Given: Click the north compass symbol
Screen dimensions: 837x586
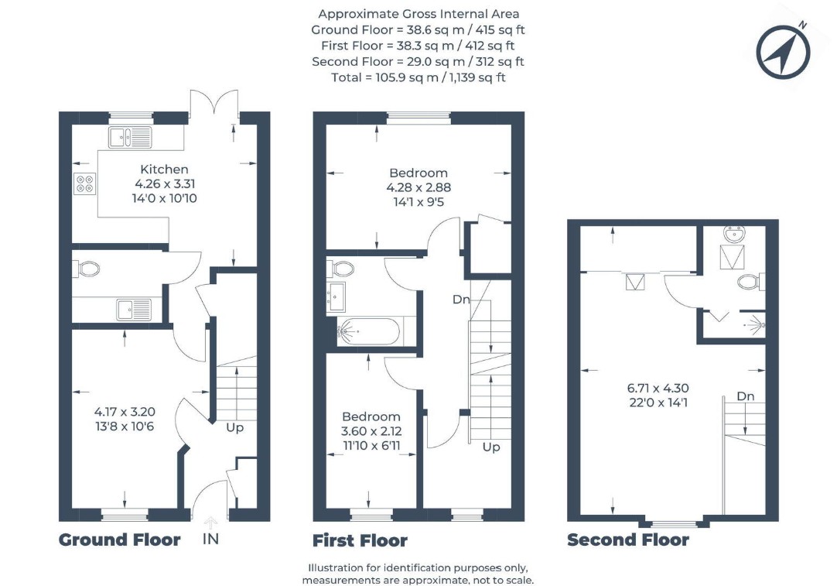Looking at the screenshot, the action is (x=783, y=51).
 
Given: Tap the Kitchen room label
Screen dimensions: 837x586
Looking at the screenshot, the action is (x=165, y=170).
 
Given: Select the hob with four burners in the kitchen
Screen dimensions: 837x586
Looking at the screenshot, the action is (x=85, y=183).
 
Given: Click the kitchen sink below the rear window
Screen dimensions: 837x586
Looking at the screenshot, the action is (x=130, y=137).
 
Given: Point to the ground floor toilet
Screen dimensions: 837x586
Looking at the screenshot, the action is (x=86, y=269).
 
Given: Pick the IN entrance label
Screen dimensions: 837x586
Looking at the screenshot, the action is (x=211, y=539).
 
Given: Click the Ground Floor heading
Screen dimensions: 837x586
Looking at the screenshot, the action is (x=120, y=540).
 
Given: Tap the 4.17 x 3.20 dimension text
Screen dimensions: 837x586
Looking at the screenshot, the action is (x=125, y=412).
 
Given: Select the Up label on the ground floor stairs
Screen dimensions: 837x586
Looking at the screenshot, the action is (x=235, y=428).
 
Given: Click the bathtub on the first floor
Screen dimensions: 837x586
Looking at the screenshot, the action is (x=367, y=332).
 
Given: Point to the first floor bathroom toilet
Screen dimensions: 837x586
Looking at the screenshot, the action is (x=340, y=268).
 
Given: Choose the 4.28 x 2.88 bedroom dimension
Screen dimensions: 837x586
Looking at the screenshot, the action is (x=418, y=187).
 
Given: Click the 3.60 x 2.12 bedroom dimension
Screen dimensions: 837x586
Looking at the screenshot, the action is (x=371, y=431).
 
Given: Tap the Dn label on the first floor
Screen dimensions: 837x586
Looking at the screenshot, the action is (x=461, y=300).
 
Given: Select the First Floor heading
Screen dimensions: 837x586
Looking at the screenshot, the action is (x=360, y=540).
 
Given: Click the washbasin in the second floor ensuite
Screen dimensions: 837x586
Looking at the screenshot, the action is (x=734, y=234).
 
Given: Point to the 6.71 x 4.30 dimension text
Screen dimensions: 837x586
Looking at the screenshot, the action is (x=658, y=389).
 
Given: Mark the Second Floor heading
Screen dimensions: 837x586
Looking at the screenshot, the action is (x=628, y=540).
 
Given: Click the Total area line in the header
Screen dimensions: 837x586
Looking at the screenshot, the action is (x=418, y=77).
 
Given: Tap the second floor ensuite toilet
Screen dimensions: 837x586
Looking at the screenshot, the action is (x=752, y=282).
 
